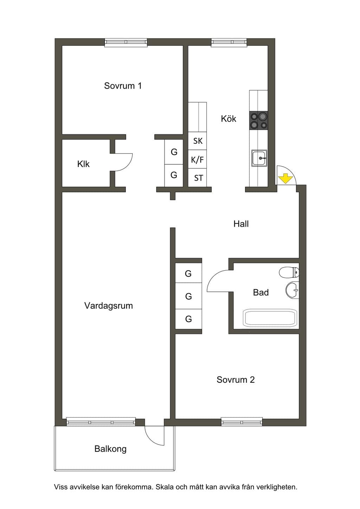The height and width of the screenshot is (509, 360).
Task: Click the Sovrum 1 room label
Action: tap(123, 86)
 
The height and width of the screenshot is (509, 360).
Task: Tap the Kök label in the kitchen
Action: tap(229, 118)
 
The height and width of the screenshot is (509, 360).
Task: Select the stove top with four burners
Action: tap(259, 121)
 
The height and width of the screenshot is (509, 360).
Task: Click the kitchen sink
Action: tap(259, 158)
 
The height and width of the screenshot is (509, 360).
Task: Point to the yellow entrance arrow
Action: tap(285, 179)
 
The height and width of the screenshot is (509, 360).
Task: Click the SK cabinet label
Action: tap(198, 141)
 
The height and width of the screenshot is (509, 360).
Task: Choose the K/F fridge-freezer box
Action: tap(197, 159)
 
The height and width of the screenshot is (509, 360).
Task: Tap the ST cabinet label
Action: tap(198, 178)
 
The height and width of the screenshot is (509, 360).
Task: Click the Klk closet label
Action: tap(83, 164)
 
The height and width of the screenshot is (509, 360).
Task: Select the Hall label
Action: tap(241, 224)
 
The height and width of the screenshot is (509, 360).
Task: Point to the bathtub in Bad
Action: tap(270, 317)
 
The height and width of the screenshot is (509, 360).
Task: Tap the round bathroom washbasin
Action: tap(292, 290)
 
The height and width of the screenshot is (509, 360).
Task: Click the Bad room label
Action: tap(261, 292)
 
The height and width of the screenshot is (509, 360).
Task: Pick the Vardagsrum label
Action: tap(108, 305)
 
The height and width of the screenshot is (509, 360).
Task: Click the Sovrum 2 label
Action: tap(236, 380)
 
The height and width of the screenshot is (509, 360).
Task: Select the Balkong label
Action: tap(110, 449)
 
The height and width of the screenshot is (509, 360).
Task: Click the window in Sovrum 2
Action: tap(242, 422)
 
